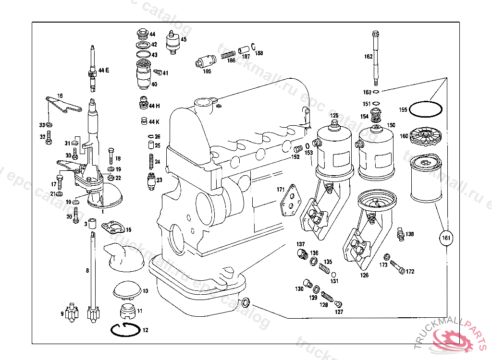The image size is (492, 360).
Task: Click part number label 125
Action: tap(334, 115)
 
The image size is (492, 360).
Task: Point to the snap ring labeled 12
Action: tap(124, 330)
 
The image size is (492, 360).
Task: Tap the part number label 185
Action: tap(207, 72)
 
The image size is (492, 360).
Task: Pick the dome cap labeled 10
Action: tap(127, 289)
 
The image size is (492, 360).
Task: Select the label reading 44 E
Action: tap(104, 70)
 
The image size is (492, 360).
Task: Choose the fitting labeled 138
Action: tap(398, 234)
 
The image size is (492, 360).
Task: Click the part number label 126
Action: tap(365, 276)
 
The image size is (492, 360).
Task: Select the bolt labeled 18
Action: tap(111, 156)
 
